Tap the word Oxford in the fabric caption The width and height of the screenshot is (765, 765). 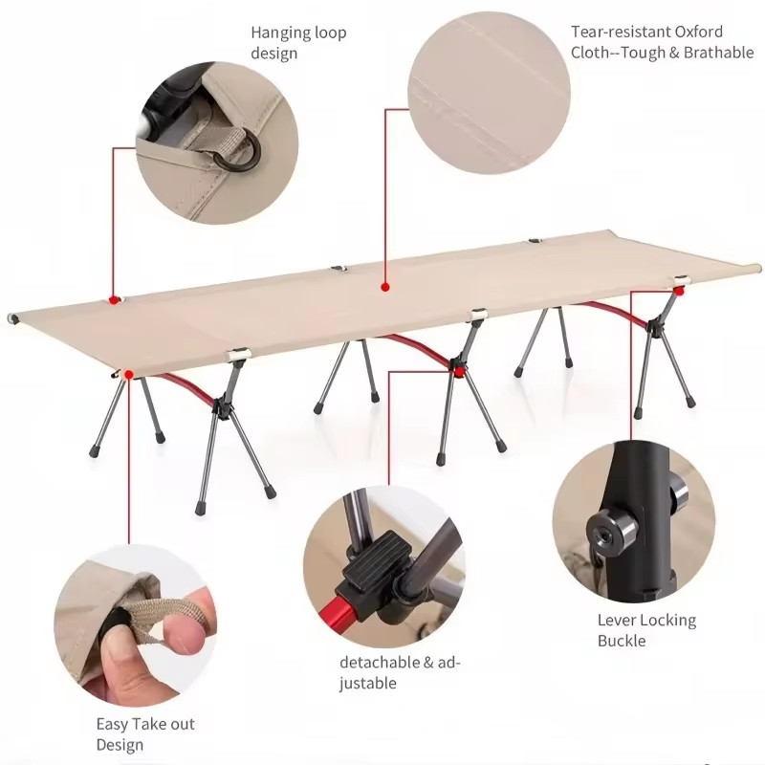click(x=698, y=32)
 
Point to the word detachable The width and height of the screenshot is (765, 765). click(x=379, y=662)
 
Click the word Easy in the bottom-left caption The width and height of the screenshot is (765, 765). click(x=112, y=725)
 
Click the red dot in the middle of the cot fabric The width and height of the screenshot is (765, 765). click(x=385, y=287)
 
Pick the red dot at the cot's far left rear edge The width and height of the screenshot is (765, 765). click(x=114, y=300)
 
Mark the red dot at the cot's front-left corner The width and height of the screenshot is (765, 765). click(x=129, y=375)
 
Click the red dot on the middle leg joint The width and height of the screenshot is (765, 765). click(x=459, y=372)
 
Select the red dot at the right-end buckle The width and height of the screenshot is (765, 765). click(x=679, y=292)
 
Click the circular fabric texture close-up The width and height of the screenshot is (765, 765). click(x=489, y=92)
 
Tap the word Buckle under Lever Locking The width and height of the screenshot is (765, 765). click(x=622, y=641)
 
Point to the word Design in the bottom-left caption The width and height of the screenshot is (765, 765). click(x=120, y=746)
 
